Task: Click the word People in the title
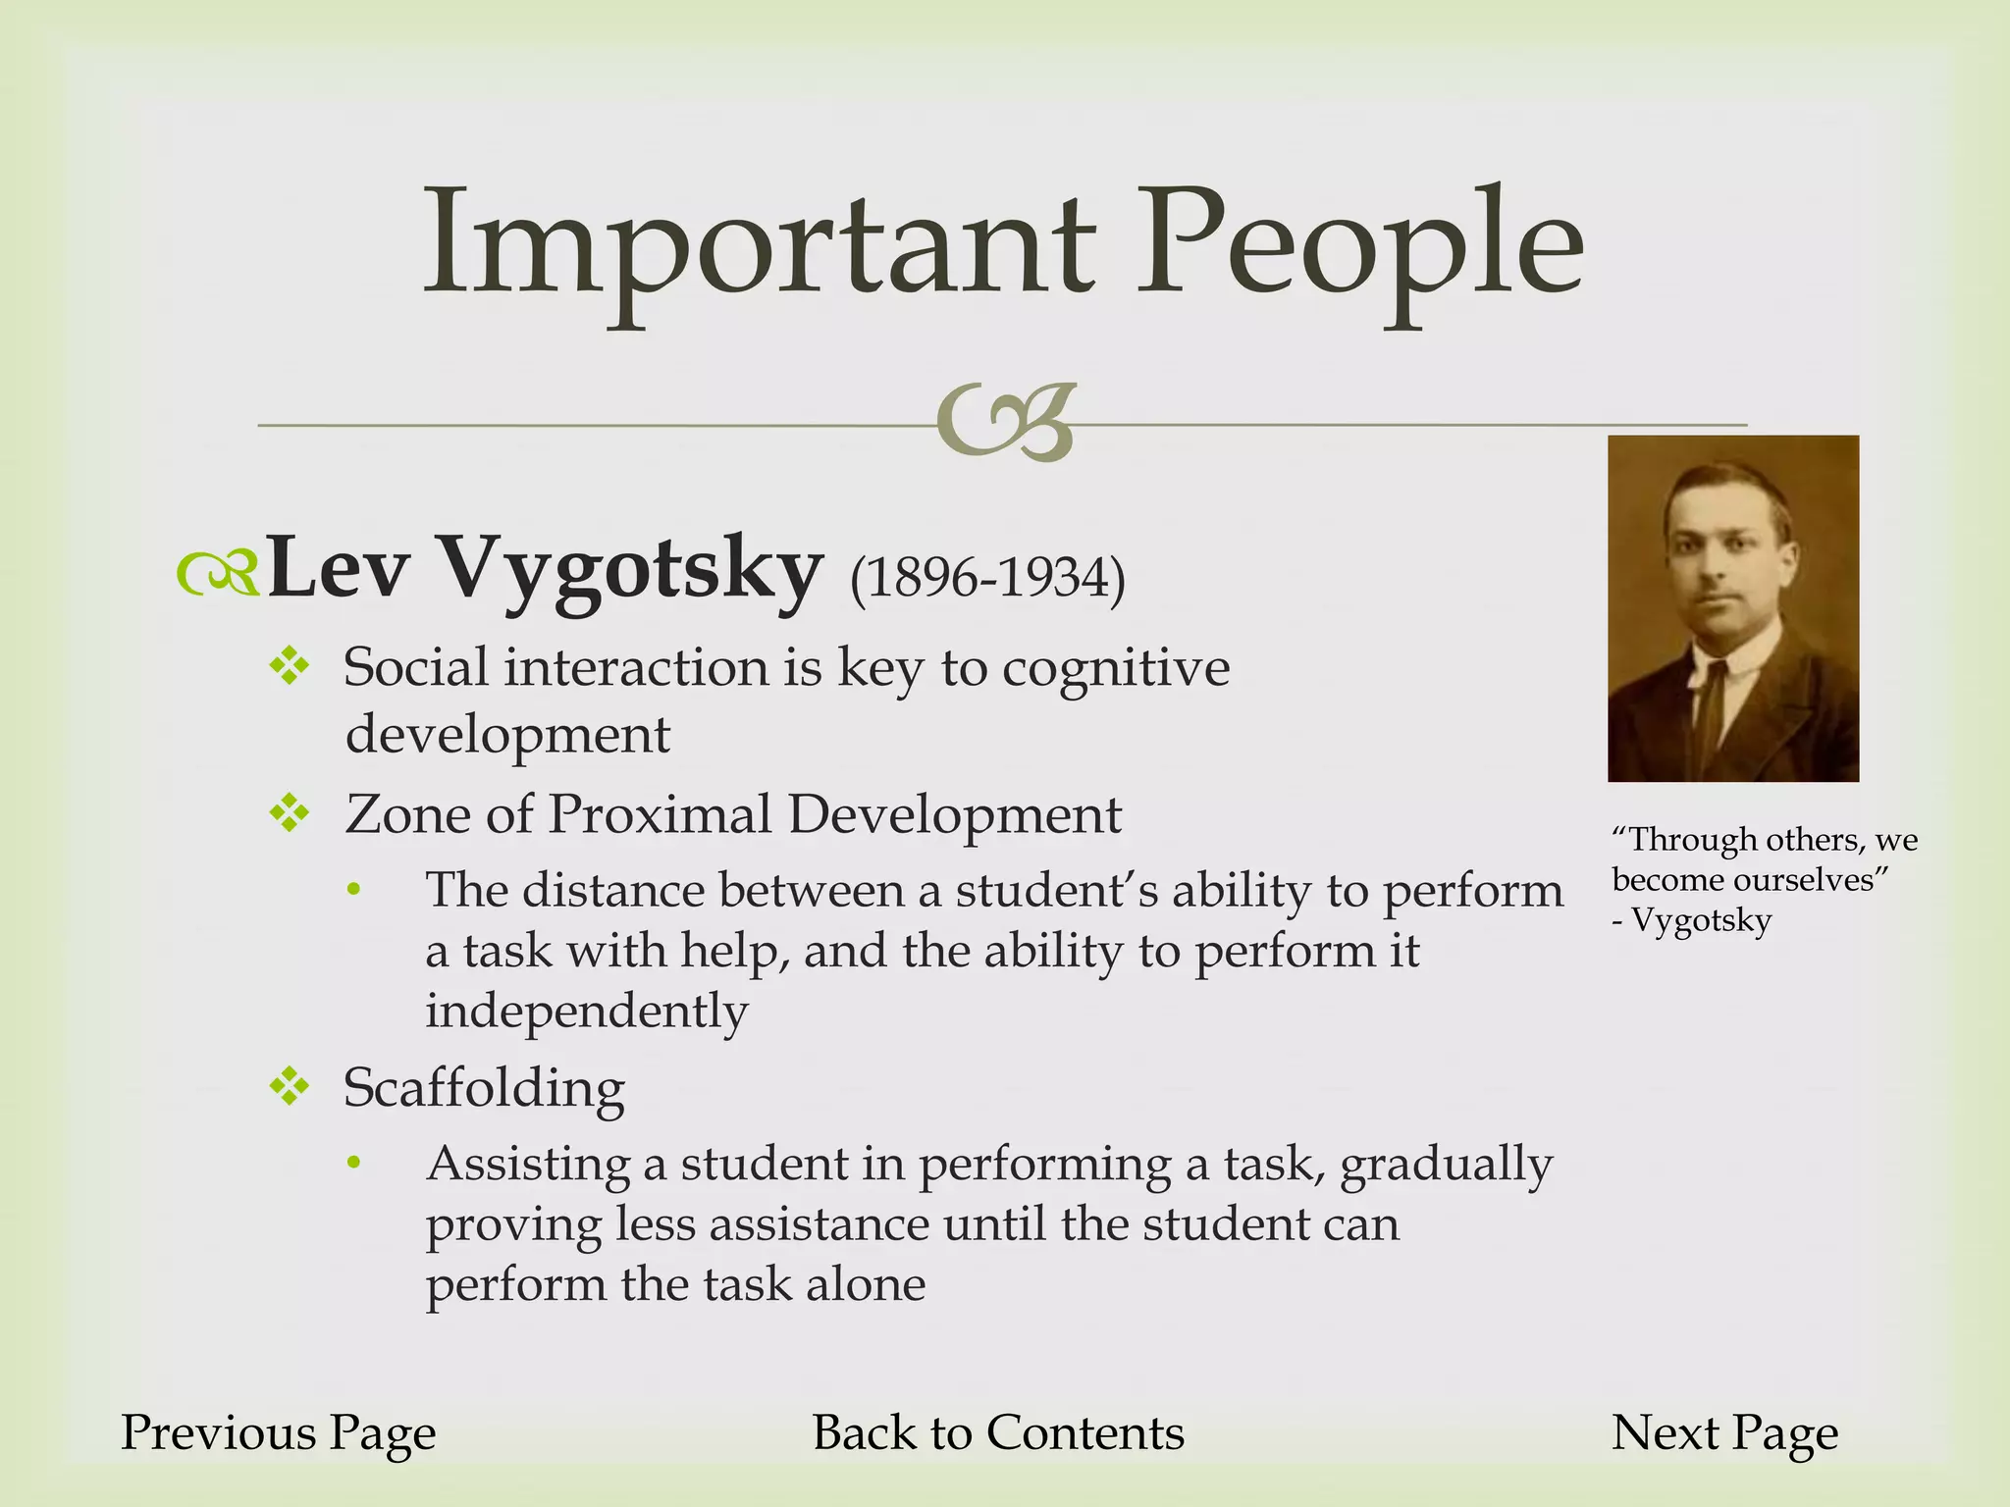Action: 1359,245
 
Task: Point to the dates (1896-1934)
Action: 986,578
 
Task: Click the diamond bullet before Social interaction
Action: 291,668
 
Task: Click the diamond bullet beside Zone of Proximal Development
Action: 291,813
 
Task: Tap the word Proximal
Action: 660,814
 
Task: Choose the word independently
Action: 587,1011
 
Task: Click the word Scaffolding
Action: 484,1087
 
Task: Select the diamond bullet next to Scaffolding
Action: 291,1086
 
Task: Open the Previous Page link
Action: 279,1432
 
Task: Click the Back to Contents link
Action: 998,1432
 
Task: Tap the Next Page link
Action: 1724,1432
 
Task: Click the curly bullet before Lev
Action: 218,574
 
